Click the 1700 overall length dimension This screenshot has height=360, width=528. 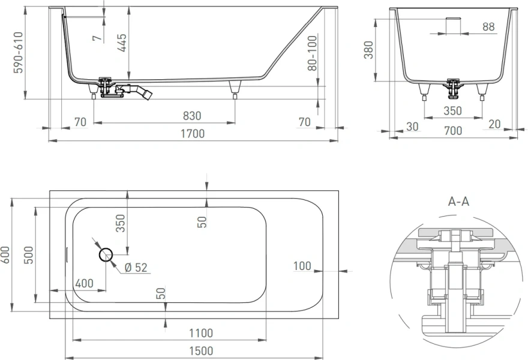[193, 134]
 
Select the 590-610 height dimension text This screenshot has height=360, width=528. [19, 53]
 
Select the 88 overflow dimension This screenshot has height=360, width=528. [488, 26]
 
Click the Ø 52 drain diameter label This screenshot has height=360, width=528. [136, 268]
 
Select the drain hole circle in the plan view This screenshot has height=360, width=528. [106, 255]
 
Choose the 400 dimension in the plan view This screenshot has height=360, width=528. [84, 283]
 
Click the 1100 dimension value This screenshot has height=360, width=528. [200, 333]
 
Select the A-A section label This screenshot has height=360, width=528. [458, 202]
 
